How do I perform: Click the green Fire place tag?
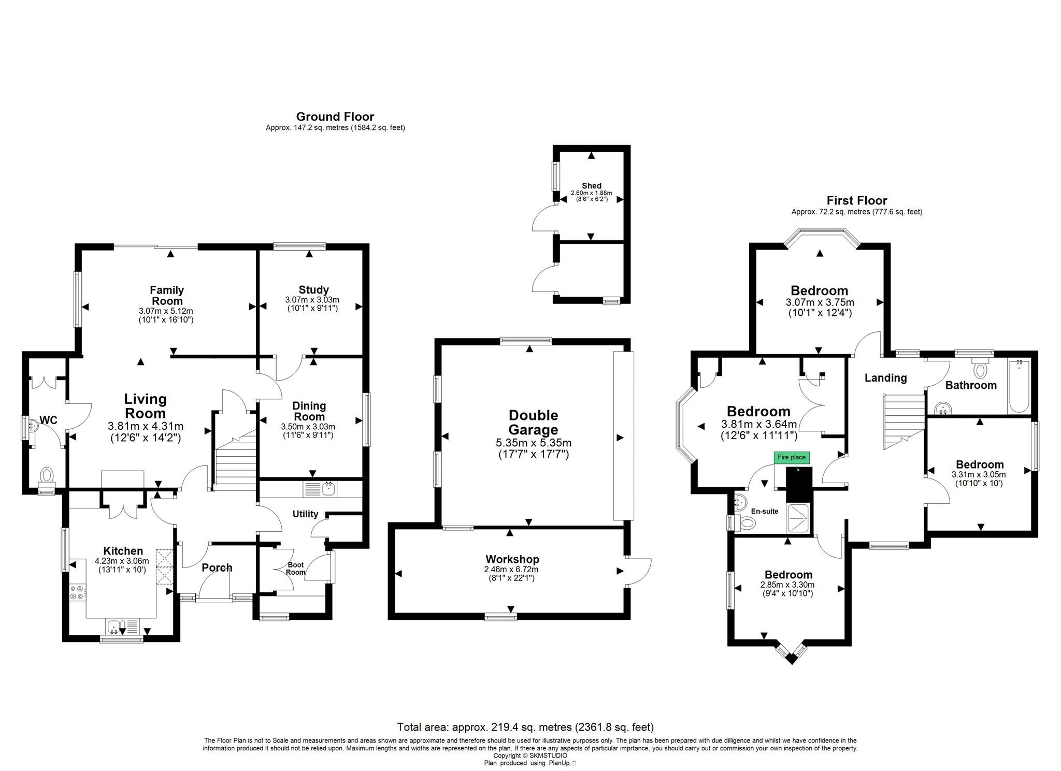pos(791,457)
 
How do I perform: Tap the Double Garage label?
pos(533,422)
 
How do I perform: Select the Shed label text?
pos(591,186)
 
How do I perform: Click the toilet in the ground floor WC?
pos(47,475)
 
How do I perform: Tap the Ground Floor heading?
pos(335,117)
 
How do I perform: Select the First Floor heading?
pos(856,200)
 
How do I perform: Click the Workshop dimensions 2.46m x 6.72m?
pos(511,569)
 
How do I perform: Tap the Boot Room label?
pos(296,569)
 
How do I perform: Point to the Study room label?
pos(313,289)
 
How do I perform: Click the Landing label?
pos(885,378)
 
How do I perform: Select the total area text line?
pos(525,727)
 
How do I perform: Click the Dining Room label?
pos(309,411)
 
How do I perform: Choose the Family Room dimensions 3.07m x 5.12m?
pos(166,311)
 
